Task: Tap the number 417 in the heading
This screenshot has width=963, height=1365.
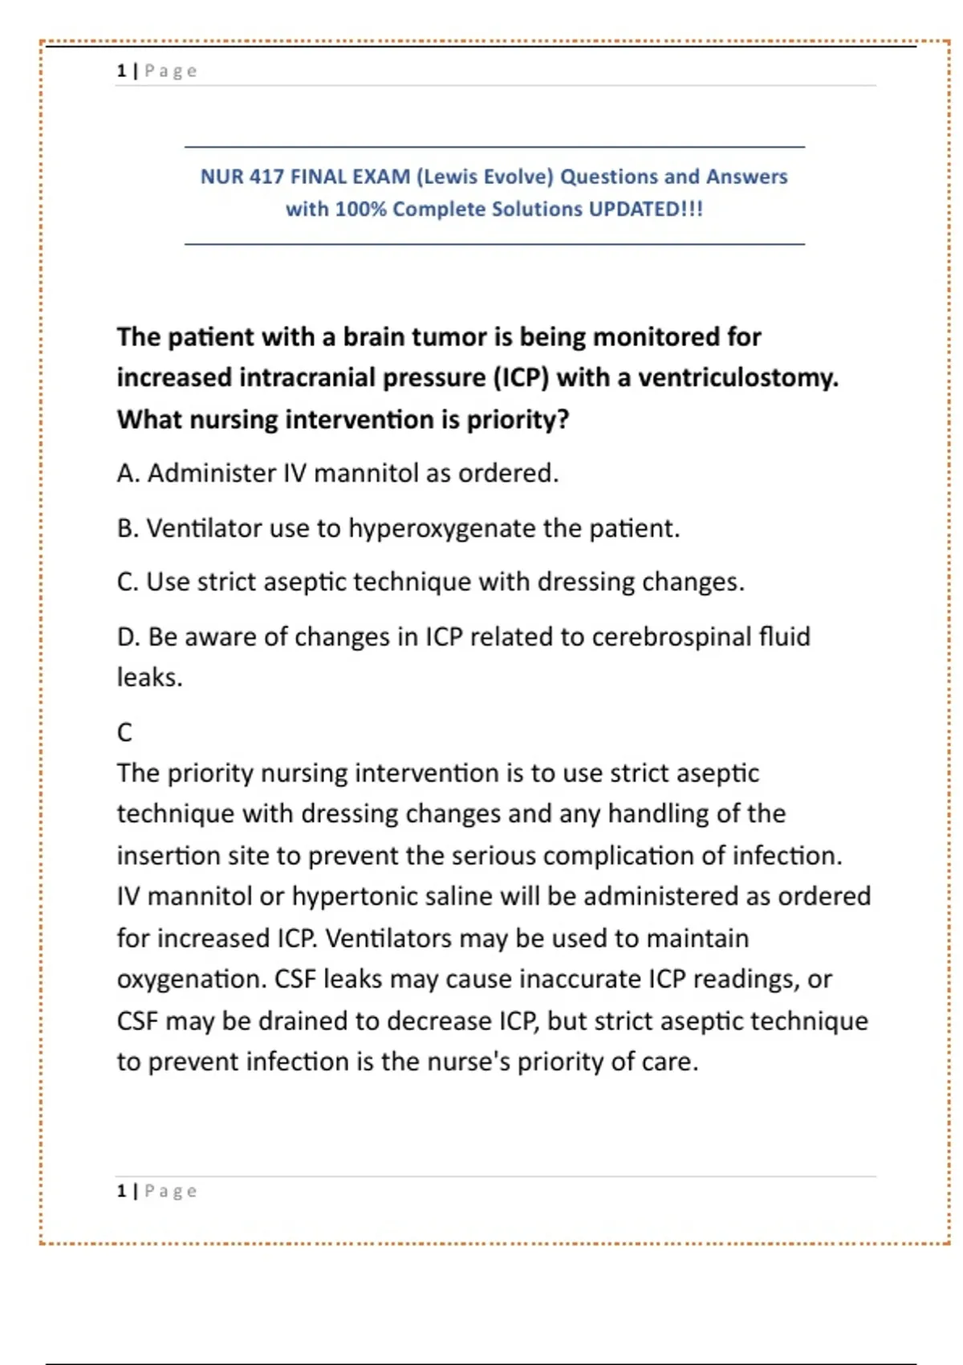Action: pyautogui.click(x=266, y=177)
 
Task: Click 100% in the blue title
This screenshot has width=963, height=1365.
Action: pyautogui.click(x=360, y=209)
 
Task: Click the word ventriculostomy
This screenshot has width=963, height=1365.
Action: pyautogui.click(x=737, y=377)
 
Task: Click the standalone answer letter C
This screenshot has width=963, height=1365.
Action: pyautogui.click(x=124, y=732)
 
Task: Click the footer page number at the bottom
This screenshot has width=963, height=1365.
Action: pyautogui.click(x=121, y=1191)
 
